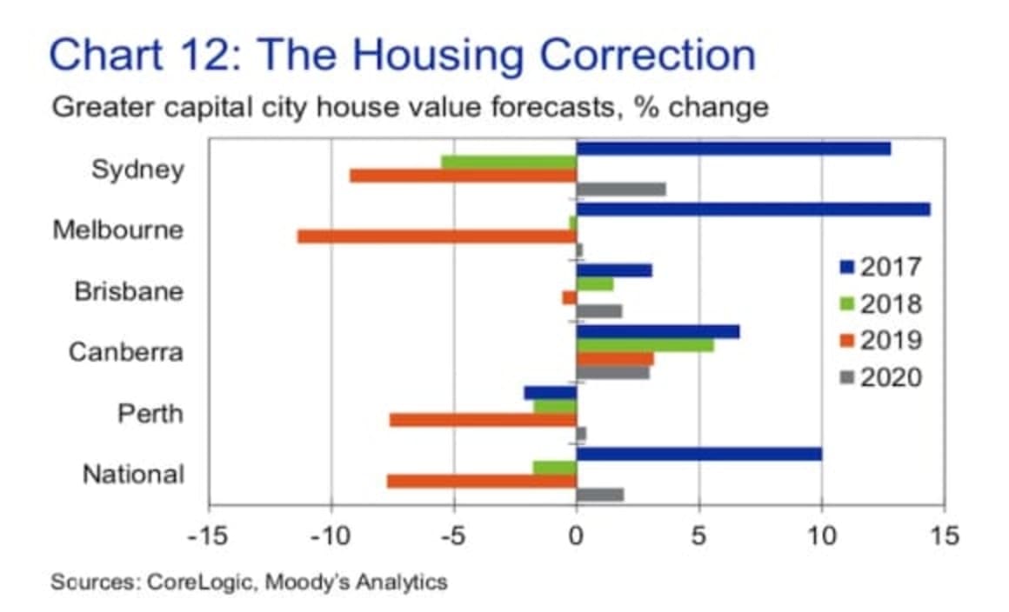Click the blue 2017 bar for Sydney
(733, 149)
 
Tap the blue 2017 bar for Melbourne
(753, 210)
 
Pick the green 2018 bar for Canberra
(645, 345)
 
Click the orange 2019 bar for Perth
(483, 420)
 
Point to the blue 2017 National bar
(698, 454)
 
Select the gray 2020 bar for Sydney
(621, 190)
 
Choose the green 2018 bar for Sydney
(509, 162)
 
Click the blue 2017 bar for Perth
(550, 393)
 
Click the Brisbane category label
(129, 290)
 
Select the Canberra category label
(126, 352)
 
